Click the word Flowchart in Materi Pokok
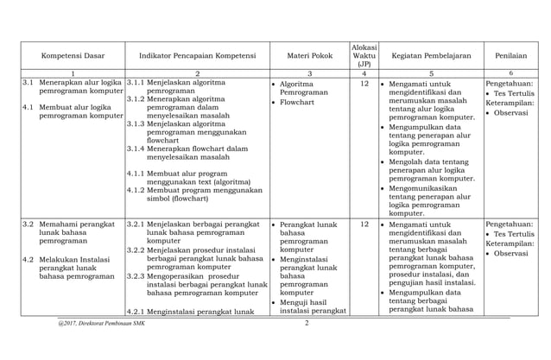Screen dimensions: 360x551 point(300,102)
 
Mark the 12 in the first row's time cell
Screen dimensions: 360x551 point(364,84)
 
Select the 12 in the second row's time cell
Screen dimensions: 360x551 point(364,224)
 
